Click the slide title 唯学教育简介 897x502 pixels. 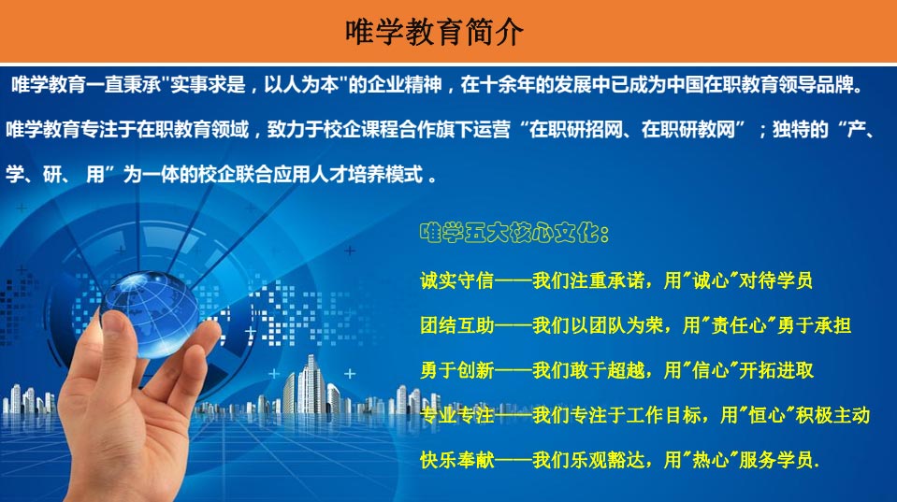pos(434,32)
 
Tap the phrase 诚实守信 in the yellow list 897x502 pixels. pos(456,280)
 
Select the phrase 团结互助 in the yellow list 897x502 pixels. pos(456,325)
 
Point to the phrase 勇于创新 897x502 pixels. pos(456,370)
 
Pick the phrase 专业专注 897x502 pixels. pos(456,415)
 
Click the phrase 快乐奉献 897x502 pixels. pos(456,460)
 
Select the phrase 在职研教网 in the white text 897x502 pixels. pos(687,130)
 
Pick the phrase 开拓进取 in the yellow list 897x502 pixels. pos(776,370)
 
